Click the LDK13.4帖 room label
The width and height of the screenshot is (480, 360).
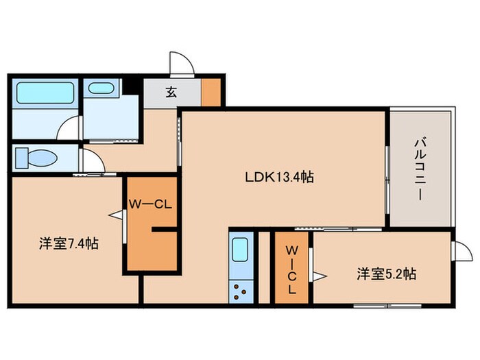[279, 177]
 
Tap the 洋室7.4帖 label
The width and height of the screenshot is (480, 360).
[69, 243]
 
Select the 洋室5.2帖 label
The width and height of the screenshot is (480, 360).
[386, 274]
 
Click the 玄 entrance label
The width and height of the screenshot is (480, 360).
[171, 92]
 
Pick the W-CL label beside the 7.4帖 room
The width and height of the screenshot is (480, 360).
[149, 204]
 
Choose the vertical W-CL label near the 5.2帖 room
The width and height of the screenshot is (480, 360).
[291, 270]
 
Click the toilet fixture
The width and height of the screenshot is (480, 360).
[36, 158]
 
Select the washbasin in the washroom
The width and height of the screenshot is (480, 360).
[101, 88]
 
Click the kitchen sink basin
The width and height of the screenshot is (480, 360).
[240, 250]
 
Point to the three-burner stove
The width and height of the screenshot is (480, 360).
[241, 291]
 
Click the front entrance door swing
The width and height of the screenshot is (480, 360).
[182, 63]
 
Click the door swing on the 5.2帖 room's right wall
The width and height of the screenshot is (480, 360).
[463, 251]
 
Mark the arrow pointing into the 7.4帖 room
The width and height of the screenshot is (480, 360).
[116, 215]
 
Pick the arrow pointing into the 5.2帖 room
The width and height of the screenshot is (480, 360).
[320, 276]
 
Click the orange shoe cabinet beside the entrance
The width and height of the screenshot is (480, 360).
[211, 93]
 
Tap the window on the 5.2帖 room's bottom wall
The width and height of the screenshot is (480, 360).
[387, 306]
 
